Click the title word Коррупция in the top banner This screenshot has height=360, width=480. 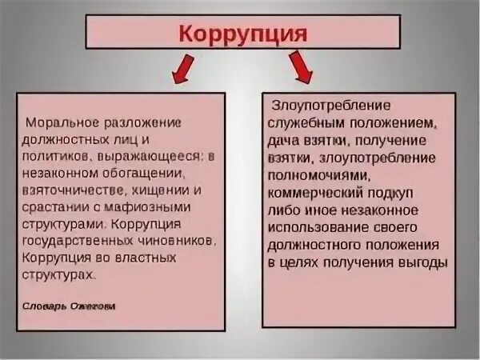[241, 34]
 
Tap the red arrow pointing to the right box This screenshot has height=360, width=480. [302, 69]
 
